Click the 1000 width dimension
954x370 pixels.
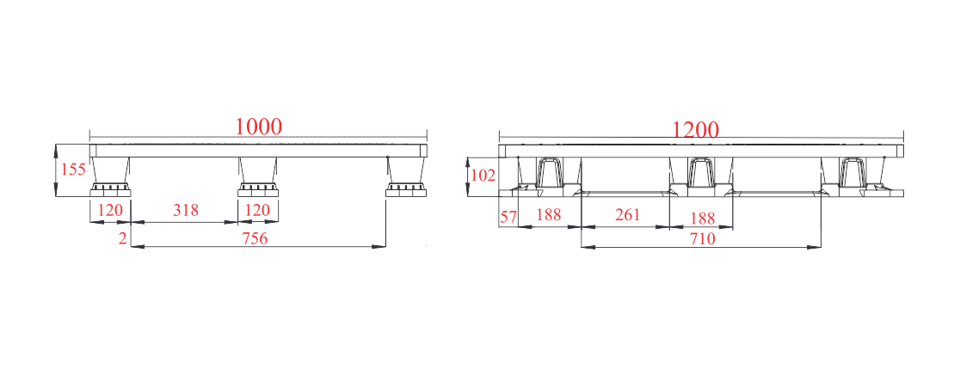click(x=259, y=126)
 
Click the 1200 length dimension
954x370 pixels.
click(x=695, y=129)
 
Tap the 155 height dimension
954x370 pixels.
click(x=74, y=170)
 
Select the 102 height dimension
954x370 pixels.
click(x=483, y=176)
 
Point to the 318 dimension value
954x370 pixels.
click(x=186, y=210)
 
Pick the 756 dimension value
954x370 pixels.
click(x=255, y=238)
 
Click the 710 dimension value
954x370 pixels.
click(x=702, y=238)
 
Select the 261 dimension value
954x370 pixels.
click(x=628, y=214)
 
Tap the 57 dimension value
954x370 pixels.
click(x=508, y=215)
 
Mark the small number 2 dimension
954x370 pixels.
click(x=123, y=238)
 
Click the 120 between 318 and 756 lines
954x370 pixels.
click(x=257, y=210)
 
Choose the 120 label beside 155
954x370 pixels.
click(x=111, y=210)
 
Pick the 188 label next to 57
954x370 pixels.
click(x=549, y=215)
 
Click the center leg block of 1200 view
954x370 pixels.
click(x=701, y=176)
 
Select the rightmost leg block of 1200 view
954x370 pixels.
click(x=853, y=176)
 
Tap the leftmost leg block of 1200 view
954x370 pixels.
click(x=549, y=176)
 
